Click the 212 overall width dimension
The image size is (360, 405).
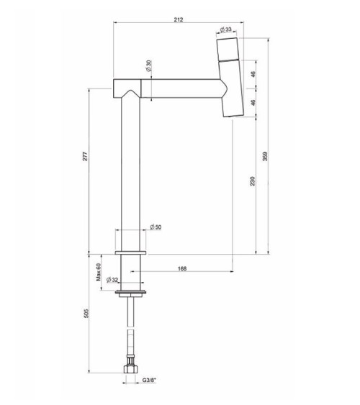[x=179, y=19]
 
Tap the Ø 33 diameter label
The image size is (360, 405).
[x=226, y=29]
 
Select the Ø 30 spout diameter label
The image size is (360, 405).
[x=148, y=66]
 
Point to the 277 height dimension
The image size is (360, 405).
[x=85, y=157]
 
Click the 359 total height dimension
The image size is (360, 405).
[x=266, y=157]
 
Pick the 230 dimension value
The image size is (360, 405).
[x=253, y=181]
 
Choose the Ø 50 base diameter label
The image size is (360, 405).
[x=156, y=227]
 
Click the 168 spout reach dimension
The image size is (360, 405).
[x=182, y=268]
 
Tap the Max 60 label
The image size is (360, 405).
[x=99, y=272]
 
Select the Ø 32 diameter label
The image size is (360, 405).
[x=112, y=280]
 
